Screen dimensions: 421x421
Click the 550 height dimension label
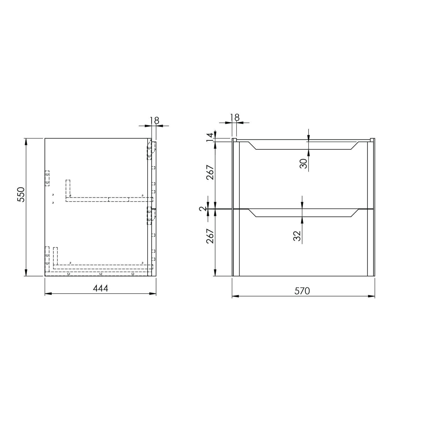(21, 194)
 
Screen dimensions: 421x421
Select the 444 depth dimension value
(100, 288)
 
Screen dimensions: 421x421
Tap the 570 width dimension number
(302, 291)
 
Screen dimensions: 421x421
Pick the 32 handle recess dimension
(297, 236)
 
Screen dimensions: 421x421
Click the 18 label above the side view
(155, 120)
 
